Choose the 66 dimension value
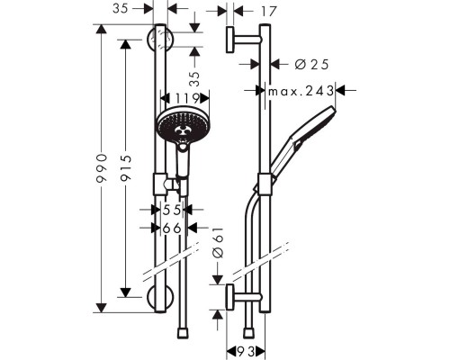[175, 229]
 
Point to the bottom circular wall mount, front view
[160, 297]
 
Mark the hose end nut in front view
[184, 333]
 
